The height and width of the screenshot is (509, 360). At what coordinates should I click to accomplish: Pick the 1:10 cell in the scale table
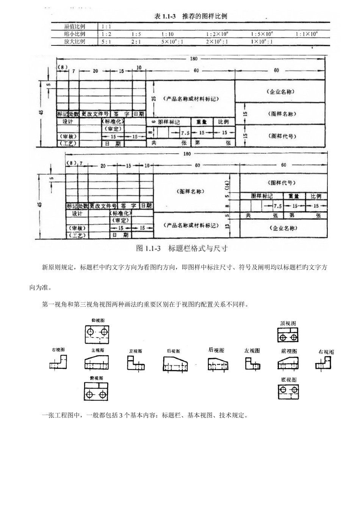click(167, 34)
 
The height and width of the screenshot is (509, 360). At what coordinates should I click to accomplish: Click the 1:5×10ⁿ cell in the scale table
click(261, 34)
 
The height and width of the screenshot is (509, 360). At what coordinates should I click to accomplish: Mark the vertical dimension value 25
click(153, 98)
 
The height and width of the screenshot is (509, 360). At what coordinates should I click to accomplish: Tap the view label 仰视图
click(97, 320)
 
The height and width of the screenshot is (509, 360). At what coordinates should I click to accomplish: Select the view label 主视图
click(97, 350)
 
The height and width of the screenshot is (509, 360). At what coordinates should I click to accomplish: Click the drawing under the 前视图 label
click(288, 364)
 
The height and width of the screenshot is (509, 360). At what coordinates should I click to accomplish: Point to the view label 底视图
click(288, 379)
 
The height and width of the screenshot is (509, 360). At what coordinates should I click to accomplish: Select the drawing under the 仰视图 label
click(97, 333)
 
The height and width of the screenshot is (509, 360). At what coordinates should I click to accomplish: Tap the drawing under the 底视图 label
click(288, 392)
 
